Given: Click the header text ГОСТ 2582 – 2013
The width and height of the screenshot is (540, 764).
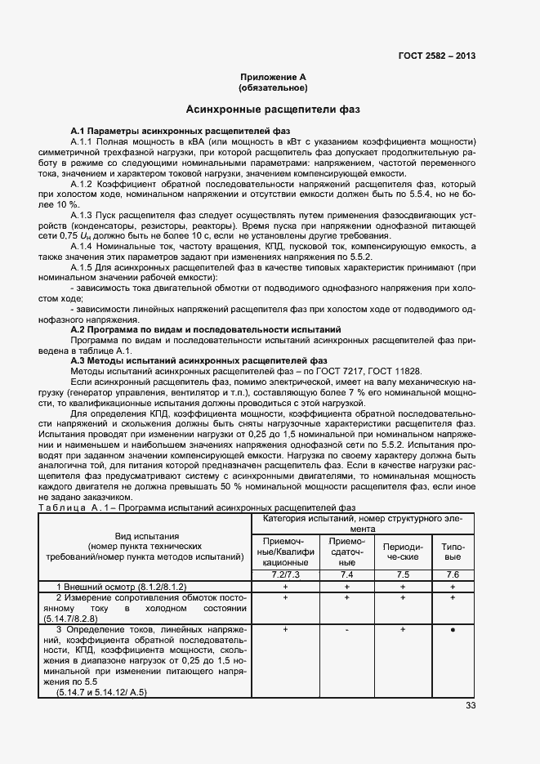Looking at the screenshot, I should click(436, 56).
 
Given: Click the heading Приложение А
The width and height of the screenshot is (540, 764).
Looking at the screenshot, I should click(273, 76).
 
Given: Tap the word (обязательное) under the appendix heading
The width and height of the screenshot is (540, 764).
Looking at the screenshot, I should click(273, 87).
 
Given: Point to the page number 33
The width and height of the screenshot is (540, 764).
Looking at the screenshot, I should click(470, 705).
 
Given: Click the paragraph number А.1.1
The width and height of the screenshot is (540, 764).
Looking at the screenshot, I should click(83, 141).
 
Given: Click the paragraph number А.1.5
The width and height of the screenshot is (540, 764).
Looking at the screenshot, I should click(83, 267).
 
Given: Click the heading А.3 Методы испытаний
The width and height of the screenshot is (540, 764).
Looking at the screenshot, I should click(199, 360).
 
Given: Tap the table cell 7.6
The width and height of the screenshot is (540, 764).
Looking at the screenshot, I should click(453, 575).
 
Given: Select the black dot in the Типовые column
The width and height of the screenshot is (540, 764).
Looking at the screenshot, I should click(453, 631).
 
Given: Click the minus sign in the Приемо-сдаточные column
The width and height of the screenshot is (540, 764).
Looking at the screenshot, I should click(347, 631).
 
